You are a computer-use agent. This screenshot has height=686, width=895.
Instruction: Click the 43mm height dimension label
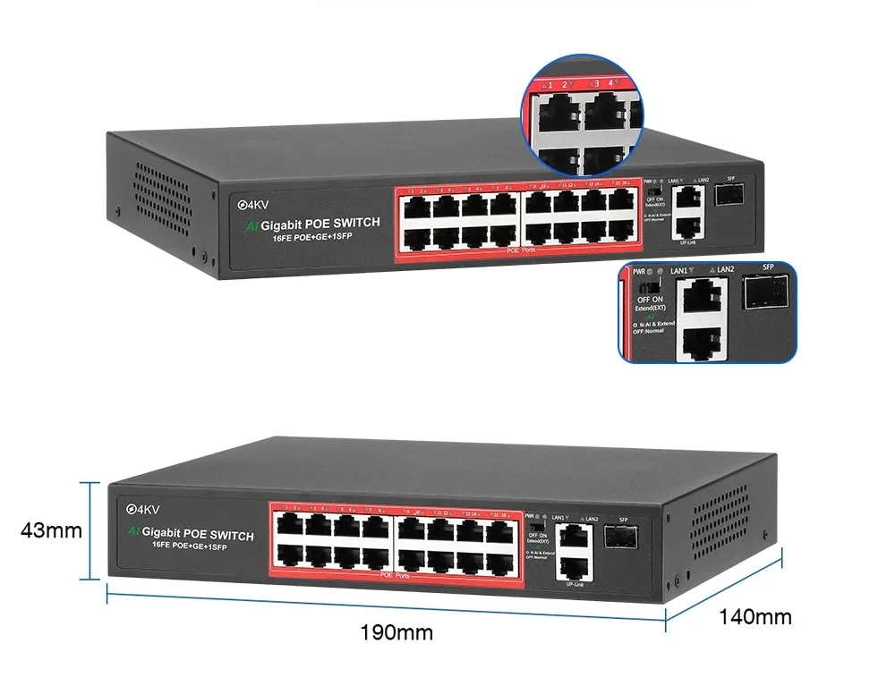51,531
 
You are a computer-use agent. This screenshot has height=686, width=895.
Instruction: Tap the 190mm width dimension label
396,633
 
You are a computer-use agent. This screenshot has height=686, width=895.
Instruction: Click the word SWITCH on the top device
352,223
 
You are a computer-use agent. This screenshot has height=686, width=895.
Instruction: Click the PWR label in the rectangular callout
639,270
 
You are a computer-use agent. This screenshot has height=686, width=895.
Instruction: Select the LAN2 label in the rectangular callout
724,270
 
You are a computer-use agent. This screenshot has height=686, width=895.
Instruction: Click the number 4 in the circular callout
611,84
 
